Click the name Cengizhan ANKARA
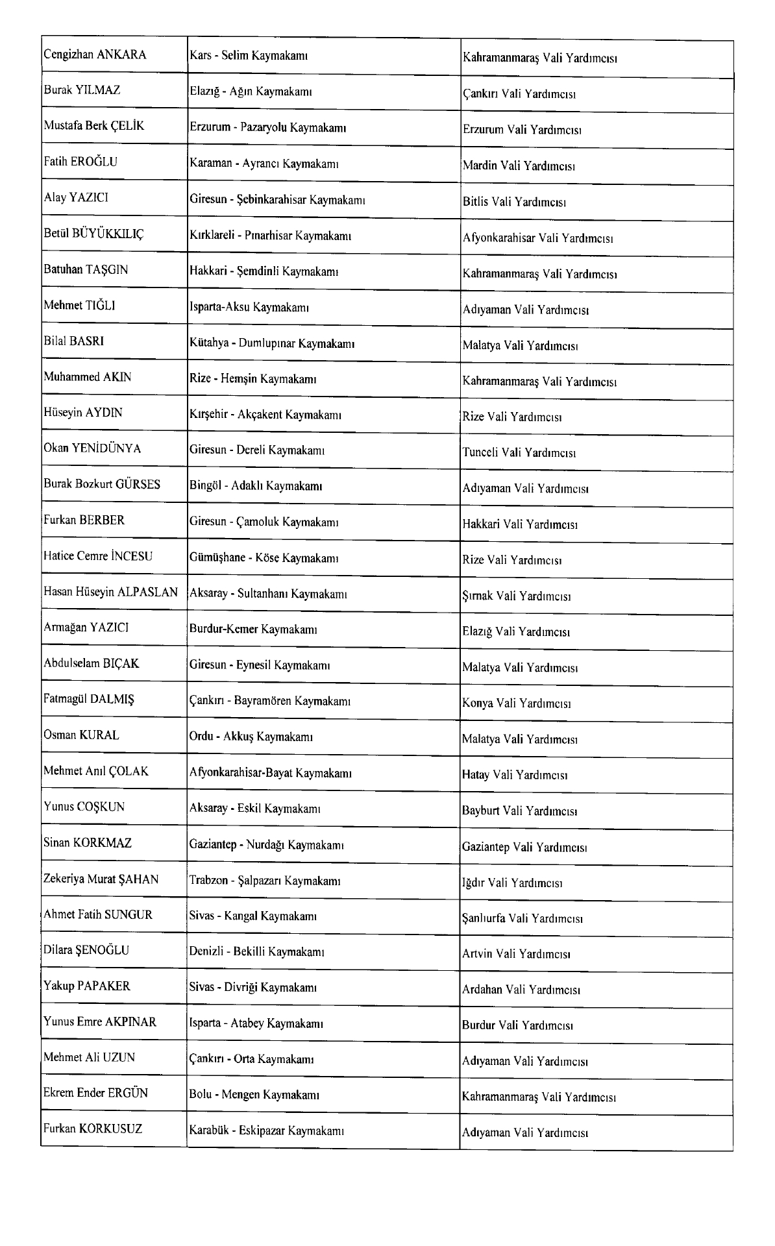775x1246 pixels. pyautogui.click(x=95, y=55)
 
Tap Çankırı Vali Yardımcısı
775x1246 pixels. pyautogui.click(x=519, y=94)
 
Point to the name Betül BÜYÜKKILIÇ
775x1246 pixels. pyautogui.click(x=93, y=234)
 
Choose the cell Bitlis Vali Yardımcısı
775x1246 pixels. pyautogui.click(x=514, y=202)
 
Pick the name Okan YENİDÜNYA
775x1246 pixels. pyautogui.click(x=92, y=449)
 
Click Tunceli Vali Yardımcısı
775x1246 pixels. pyautogui.click(x=519, y=453)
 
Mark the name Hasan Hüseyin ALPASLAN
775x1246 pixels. pyautogui.click(x=110, y=592)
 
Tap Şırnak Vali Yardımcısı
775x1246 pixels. pyautogui.click(x=516, y=596)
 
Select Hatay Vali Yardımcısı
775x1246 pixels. pyautogui.click(x=515, y=775)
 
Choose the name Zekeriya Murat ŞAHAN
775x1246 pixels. pyautogui.click(x=101, y=879)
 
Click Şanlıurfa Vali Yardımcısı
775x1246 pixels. pyautogui.click(x=522, y=918)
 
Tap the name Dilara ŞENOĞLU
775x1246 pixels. pyautogui.click(x=86, y=950)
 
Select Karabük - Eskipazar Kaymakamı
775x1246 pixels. pyautogui.click(x=266, y=1130)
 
